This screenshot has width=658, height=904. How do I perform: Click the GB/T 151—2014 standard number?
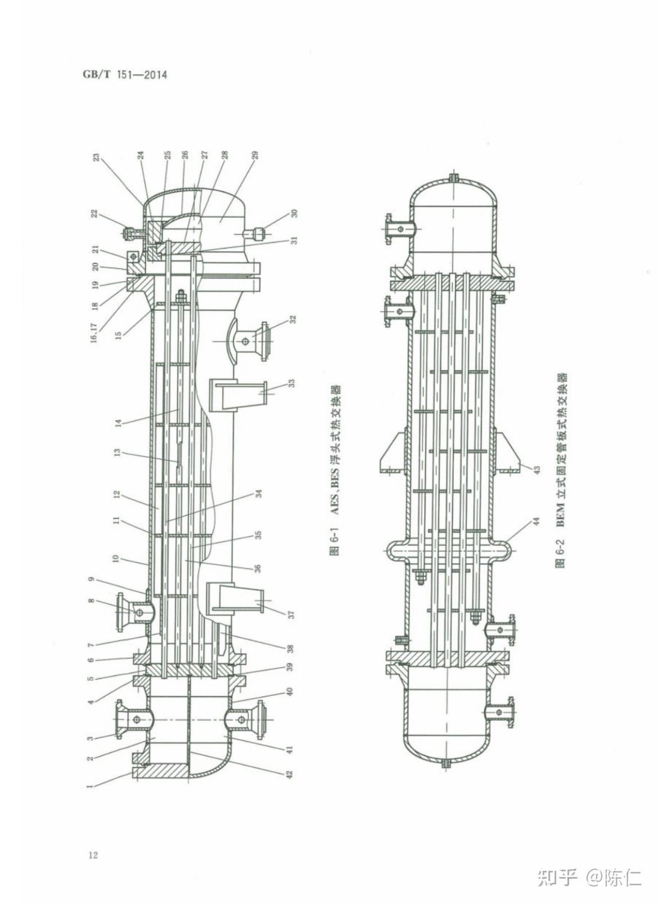125,75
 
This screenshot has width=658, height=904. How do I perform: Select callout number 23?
96,156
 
